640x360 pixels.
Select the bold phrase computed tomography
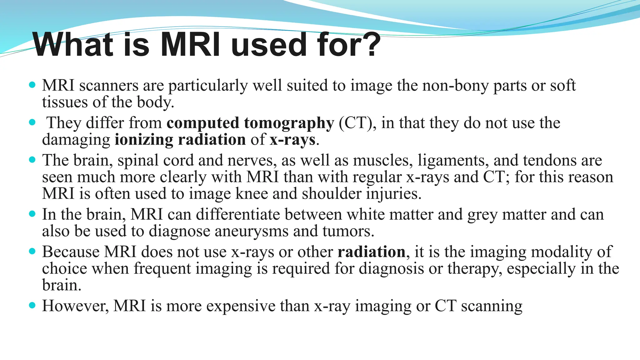pyautogui.click(x=250, y=123)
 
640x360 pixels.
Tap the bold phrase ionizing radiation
pyautogui.click(x=180, y=139)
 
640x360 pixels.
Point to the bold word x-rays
pyautogui.click(x=292, y=139)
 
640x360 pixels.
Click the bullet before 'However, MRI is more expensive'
pyautogui.click(x=32, y=305)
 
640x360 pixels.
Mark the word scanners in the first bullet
pyautogui.click(x=109, y=85)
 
